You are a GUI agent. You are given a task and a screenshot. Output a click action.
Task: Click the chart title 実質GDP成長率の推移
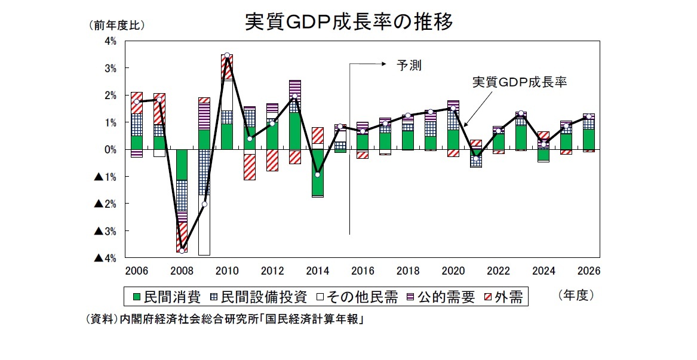349,21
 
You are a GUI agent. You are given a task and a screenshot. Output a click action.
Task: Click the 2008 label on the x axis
182,270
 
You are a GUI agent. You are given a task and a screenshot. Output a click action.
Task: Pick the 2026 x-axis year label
588,270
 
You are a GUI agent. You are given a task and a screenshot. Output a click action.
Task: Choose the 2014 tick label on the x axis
317,270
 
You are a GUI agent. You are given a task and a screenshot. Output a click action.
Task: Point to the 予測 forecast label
409,66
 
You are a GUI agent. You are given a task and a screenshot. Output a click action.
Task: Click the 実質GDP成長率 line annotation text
519,82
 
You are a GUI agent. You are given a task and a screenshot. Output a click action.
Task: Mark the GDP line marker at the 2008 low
182,250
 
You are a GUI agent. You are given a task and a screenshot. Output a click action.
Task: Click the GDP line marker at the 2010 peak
227,56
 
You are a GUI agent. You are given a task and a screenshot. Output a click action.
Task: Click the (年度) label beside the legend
576,295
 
